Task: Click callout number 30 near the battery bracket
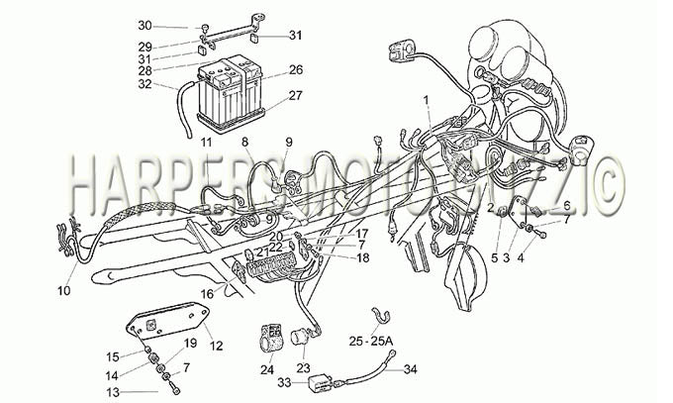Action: tap(144, 26)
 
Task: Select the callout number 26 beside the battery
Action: tap(296, 69)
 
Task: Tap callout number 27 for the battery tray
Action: tap(295, 95)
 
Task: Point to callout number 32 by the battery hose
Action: tap(144, 84)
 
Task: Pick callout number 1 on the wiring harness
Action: tap(427, 100)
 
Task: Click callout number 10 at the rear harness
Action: tap(63, 291)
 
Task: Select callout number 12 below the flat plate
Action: tap(217, 345)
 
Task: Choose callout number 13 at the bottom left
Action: tap(113, 392)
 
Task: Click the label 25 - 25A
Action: tap(371, 342)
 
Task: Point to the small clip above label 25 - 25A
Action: tap(380, 316)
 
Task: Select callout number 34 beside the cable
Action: tap(411, 369)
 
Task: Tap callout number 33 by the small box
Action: tap(284, 381)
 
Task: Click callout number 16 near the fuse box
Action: tap(207, 294)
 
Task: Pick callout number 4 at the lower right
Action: tap(521, 258)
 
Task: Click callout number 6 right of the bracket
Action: tap(567, 206)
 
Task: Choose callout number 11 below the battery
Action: tap(207, 143)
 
